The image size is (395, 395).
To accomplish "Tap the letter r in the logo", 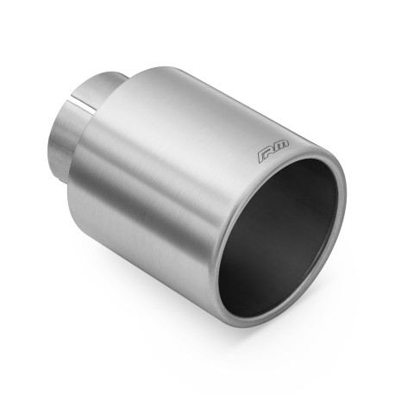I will click(x=267, y=154).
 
